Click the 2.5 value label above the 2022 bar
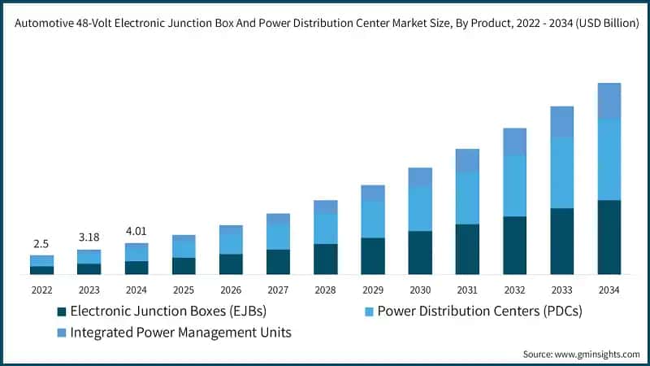41,245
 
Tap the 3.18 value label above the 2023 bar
89,237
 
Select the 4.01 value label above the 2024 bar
136,230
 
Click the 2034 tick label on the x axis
609,290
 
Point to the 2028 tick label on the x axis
325,290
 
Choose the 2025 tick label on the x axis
184,290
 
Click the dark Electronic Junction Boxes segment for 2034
609,237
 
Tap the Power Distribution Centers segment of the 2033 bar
561,172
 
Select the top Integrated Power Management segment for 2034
609,101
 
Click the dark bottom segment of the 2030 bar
420,253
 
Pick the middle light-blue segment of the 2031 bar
467,198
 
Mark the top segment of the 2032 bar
514,142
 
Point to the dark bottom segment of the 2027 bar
278,262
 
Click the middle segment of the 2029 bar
373,220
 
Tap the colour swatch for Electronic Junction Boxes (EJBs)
62,312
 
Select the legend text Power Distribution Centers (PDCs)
479,312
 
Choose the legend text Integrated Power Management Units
180,333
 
